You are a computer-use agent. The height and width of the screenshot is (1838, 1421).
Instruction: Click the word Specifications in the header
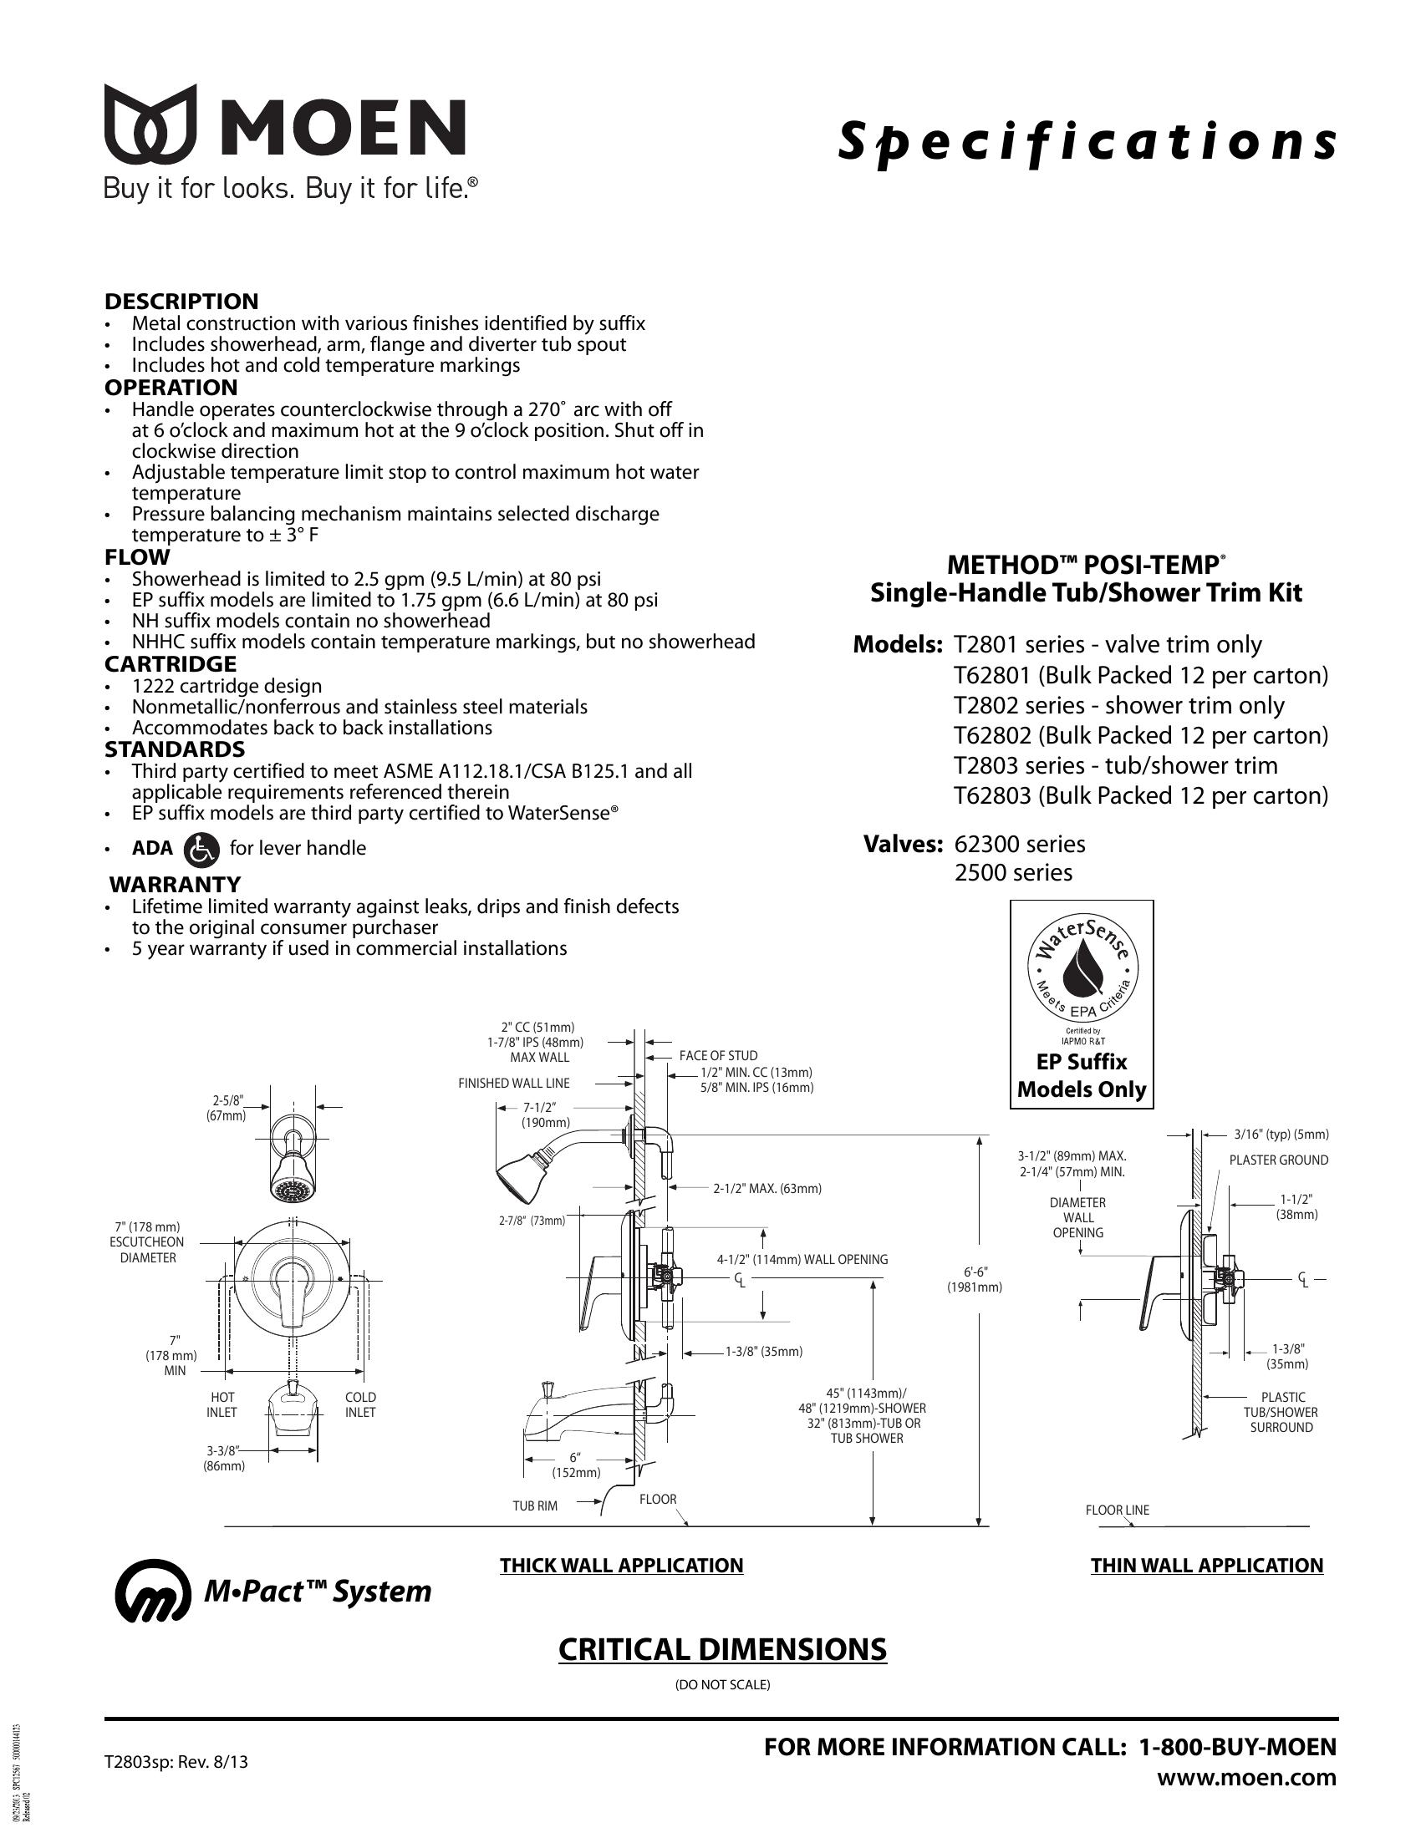click(x=1086, y=142)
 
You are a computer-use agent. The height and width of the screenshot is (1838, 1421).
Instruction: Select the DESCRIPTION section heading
click(x=181, y=302)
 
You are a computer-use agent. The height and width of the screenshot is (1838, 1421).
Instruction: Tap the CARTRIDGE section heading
click(x=170, y=664)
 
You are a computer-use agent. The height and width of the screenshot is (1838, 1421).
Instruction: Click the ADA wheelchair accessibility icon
click(x=201, y=848)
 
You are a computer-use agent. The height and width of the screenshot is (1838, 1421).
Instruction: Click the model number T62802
click(x=991, y=735)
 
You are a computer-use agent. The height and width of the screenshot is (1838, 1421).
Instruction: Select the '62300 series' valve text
click(x=1020, y=844)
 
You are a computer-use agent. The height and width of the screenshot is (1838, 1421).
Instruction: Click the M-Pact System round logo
click(x=152, y=1592)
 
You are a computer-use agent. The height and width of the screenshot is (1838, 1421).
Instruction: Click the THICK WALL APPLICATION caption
click(x=621, y=1566)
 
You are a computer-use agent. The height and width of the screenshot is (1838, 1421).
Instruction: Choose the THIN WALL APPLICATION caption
click(x=1206, y=1566)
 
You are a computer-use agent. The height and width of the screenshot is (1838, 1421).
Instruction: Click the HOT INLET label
click(x=222, y=1404)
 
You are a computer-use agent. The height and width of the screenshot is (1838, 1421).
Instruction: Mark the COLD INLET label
click(x=360, y=1404)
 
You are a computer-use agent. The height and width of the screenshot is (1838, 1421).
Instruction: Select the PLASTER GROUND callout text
click(x=1279, y=1160)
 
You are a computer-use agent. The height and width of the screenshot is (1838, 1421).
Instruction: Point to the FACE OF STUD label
click(x=718, y=1055)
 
